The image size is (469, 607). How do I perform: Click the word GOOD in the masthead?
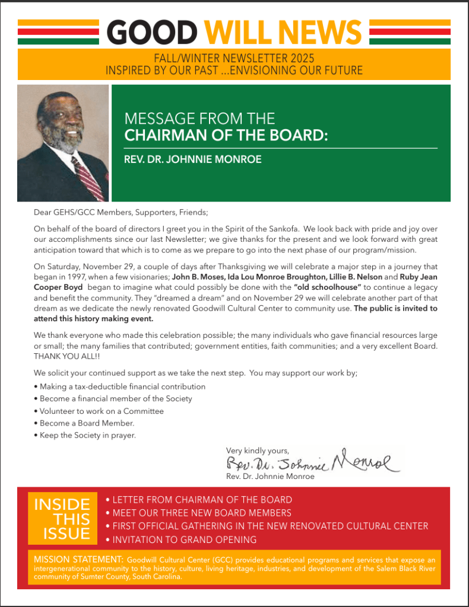pos(152,33)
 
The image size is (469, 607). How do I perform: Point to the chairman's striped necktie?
pos(88,178)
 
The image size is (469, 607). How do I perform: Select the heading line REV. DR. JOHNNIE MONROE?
pos(193,159)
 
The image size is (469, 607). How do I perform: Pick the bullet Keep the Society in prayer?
pos(88,435)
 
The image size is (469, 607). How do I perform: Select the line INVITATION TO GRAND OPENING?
pos(184,539)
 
